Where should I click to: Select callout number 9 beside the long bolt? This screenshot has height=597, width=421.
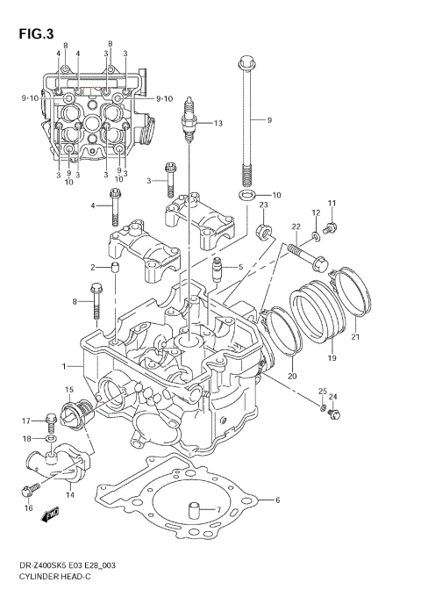point(270,119)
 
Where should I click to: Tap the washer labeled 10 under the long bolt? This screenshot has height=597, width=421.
point(247,195)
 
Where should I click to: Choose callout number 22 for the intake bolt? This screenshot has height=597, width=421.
point(296,227)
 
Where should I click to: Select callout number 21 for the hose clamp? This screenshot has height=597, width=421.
point(355,335)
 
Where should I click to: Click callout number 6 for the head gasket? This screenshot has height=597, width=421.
point(276,500)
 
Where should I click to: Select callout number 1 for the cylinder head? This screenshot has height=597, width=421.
point(63,365)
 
